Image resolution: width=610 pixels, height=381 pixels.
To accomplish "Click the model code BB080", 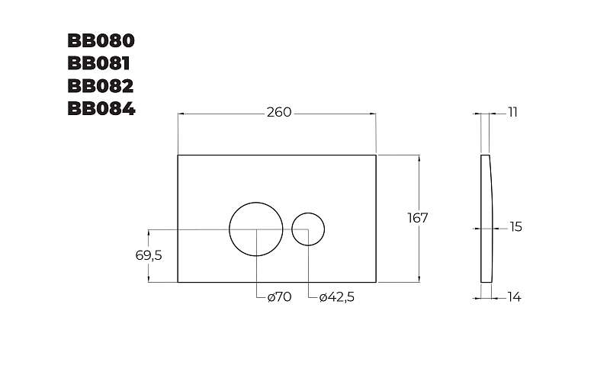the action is point(101,40).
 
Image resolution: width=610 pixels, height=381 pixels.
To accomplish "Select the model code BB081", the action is point(99,63).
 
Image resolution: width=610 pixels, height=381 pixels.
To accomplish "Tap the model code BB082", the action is point(101,86).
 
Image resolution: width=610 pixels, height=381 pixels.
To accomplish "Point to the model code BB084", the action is point(101,108).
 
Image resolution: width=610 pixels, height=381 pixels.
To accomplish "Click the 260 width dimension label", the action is point(279,112).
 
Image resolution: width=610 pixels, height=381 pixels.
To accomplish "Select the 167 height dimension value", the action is point(418,218).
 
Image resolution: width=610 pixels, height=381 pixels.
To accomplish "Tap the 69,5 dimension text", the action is point(149,255).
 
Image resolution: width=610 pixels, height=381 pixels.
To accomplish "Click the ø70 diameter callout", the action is point(279,297).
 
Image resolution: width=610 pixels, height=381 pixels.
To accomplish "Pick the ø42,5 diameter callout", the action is point(337,297).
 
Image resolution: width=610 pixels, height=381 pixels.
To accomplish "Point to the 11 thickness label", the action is point(512,112).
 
